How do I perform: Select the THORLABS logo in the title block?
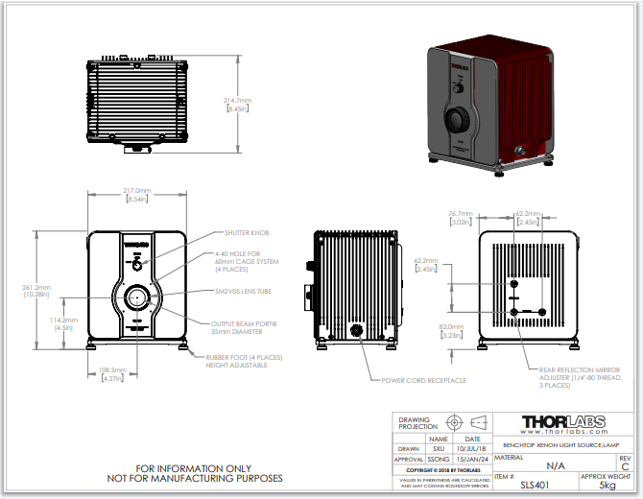click(x=561, y=421)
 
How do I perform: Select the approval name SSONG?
click(x=437, y=459)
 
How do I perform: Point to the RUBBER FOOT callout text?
click(x=245, y=357)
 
